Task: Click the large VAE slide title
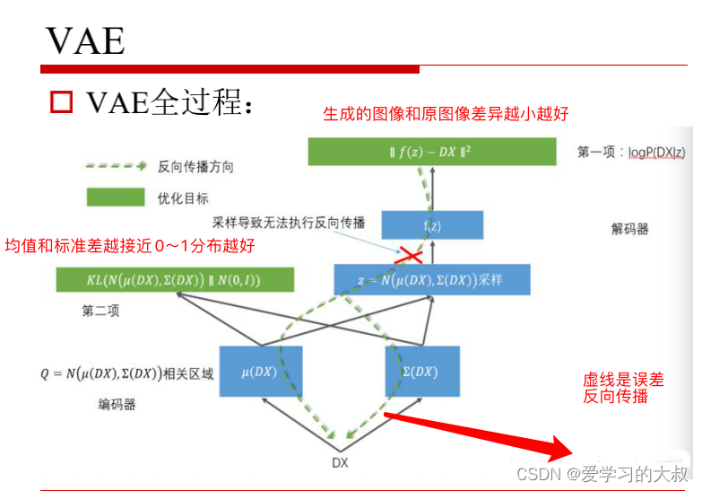[85, 39]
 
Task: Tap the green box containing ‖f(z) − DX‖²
[432, 152]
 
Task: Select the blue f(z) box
[432, 225]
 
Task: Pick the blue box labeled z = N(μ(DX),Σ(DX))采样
[431, 279]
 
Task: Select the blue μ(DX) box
[260, 372]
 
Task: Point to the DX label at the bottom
[340, 463]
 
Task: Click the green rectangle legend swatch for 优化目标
[115, 197]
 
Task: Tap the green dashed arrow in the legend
[115, 166]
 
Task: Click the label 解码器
[628, 229]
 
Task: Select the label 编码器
[117, 405]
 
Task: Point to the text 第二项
[100, 311]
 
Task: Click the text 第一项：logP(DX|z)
[631, 153]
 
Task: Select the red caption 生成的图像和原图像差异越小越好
[446, 114]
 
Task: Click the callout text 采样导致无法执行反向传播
[290, 222]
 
